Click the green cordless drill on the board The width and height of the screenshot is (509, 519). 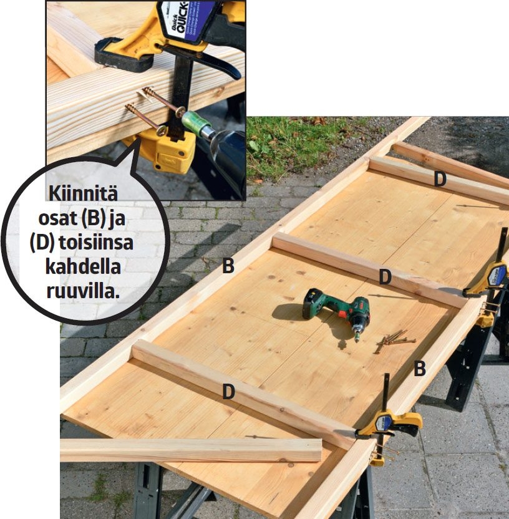pyautogui.click(x=337, y=312)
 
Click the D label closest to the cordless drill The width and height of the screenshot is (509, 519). pyautogui.click(x=385, y=277)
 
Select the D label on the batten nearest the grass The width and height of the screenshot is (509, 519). pyautogui.click(x=440, y=179)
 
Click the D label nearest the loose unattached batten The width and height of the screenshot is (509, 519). pyautogui.click(x=229, y=392)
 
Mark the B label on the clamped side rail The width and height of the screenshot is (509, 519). pyautogui.click(x=420, y=369)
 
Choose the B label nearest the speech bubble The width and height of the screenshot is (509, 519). pyautogui.click(x=228, y=266)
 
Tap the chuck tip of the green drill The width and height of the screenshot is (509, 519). pyautogui.click(x=358, y=337)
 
